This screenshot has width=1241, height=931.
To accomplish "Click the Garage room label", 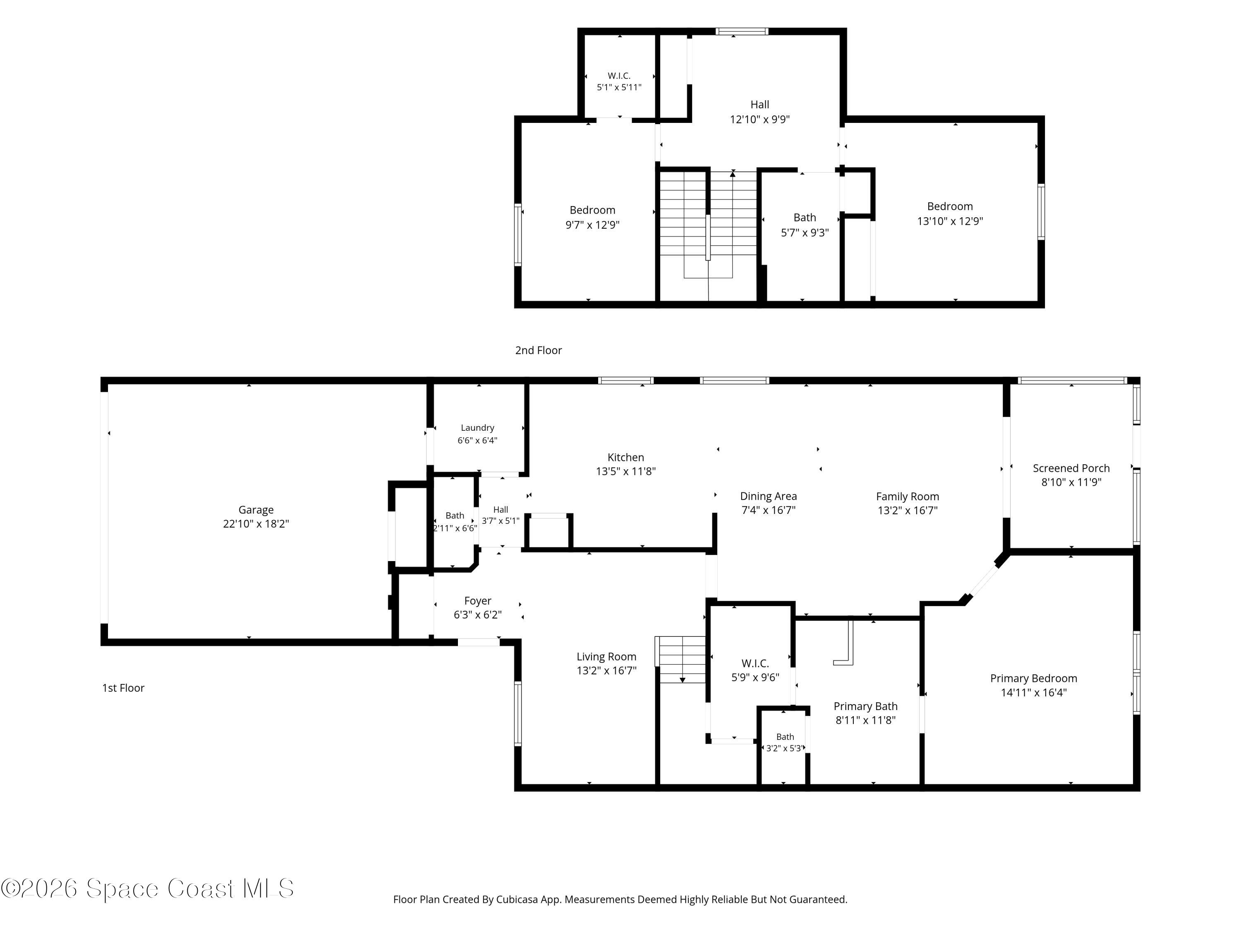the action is (256, 509).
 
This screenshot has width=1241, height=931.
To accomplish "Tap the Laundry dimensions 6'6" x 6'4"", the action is (477, 441).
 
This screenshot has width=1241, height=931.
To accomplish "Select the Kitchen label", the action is (625, 457).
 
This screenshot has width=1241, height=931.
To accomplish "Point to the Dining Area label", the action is (768, 496).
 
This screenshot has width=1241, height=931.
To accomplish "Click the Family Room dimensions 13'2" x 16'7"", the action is (907, 510).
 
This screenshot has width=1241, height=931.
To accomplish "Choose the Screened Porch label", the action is (1071, 468).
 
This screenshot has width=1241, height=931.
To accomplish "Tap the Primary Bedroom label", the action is (1033, 679).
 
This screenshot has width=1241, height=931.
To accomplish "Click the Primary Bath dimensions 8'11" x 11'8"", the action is (865, 720).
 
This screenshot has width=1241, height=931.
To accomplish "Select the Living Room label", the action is (606, 657).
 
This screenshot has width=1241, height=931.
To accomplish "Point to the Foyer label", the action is (477, 601).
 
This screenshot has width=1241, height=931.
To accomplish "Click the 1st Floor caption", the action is (123, 688).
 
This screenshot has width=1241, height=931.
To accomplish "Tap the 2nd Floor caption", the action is (538, 350).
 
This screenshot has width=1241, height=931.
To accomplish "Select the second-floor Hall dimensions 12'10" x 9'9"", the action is (759, 120).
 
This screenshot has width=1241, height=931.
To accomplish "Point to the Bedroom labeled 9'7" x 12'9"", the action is (592, 217).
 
